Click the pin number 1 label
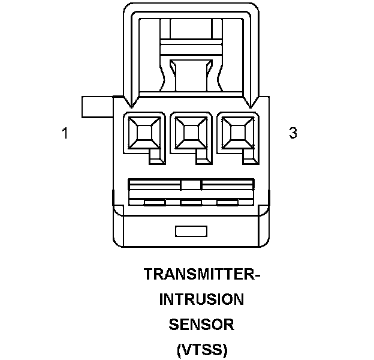[65, 133]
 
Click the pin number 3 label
[293, 133]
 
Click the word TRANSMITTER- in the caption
[202, 275]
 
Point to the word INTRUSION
[201, 299]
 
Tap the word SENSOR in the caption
[201, 325]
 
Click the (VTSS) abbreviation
[202, 349]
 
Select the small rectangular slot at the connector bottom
[191, 230]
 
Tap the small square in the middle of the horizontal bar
[191, 185]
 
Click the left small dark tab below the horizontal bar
[155, 202]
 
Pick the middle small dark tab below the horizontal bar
[191, 202]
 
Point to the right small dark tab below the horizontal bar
[227, 202]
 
